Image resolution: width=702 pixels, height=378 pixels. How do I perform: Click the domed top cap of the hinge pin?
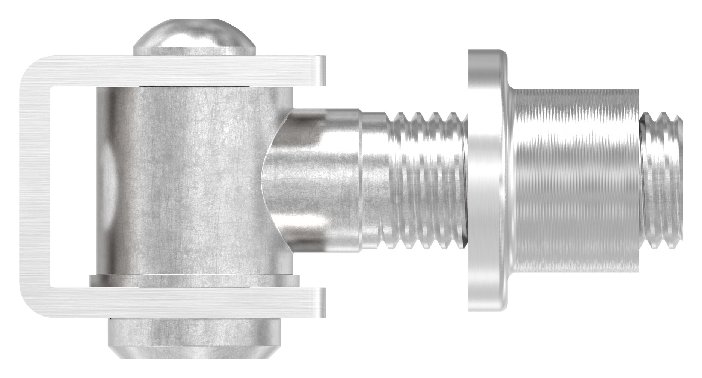point(195,36)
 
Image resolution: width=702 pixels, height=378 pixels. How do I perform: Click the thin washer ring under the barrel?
point(195,280)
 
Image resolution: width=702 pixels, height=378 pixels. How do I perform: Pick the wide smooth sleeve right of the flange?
point(575,180)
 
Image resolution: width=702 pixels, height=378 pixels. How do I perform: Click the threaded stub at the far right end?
point(661,180)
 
